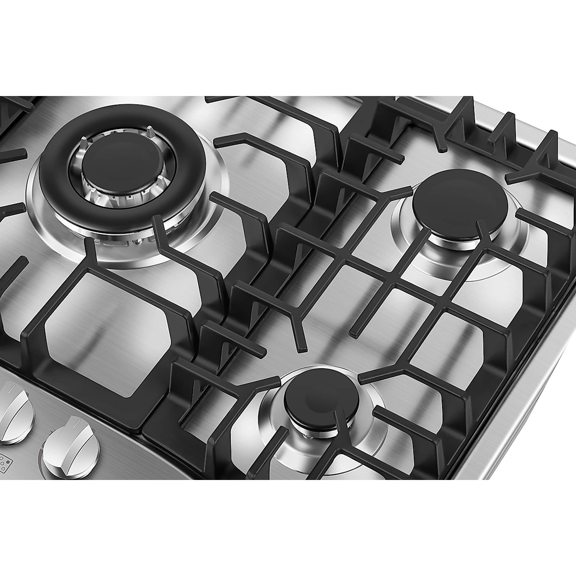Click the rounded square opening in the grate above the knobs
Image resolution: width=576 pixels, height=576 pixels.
106,326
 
